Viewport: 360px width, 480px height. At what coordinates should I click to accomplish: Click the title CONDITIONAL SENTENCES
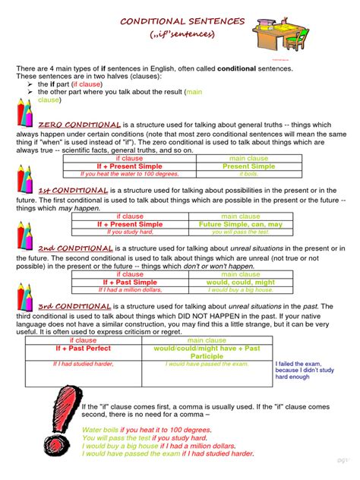pyautogui.click(x=179, y=21)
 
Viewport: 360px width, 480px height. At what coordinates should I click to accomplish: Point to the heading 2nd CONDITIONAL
pyautogui.click(x=76, y=248)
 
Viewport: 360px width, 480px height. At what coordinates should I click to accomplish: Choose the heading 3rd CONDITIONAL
pyautogui.click(x=75, y=305)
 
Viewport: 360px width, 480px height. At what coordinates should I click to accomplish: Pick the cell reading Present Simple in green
pyautogui.click(x=249, y=166)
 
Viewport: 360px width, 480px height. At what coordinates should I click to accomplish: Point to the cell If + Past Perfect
pyautogui.click(x=83, y=349)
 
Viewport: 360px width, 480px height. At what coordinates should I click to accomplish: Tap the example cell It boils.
pyautogui.click(x=249, y=174)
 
